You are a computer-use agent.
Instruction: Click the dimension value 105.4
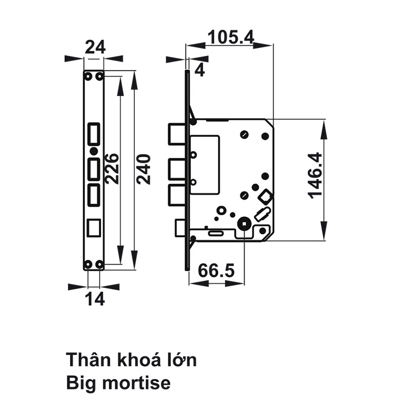pos(230,37)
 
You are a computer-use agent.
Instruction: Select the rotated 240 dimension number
pos(143,169)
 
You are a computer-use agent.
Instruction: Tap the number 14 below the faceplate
pos(94,299)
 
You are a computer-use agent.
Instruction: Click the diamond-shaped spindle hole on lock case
pos(265,196)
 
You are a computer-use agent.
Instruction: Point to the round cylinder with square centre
pos(243,224)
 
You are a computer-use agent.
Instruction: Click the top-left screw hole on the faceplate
pos(88,77)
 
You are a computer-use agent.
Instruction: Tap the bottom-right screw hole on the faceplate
pos(99,263)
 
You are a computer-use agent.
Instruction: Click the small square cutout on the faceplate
pos(94,227)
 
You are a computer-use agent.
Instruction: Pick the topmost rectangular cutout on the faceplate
pos(94,133)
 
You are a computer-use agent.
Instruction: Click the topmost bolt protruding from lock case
pos(177,133)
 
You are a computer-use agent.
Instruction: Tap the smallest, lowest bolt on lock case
pos(179,227)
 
